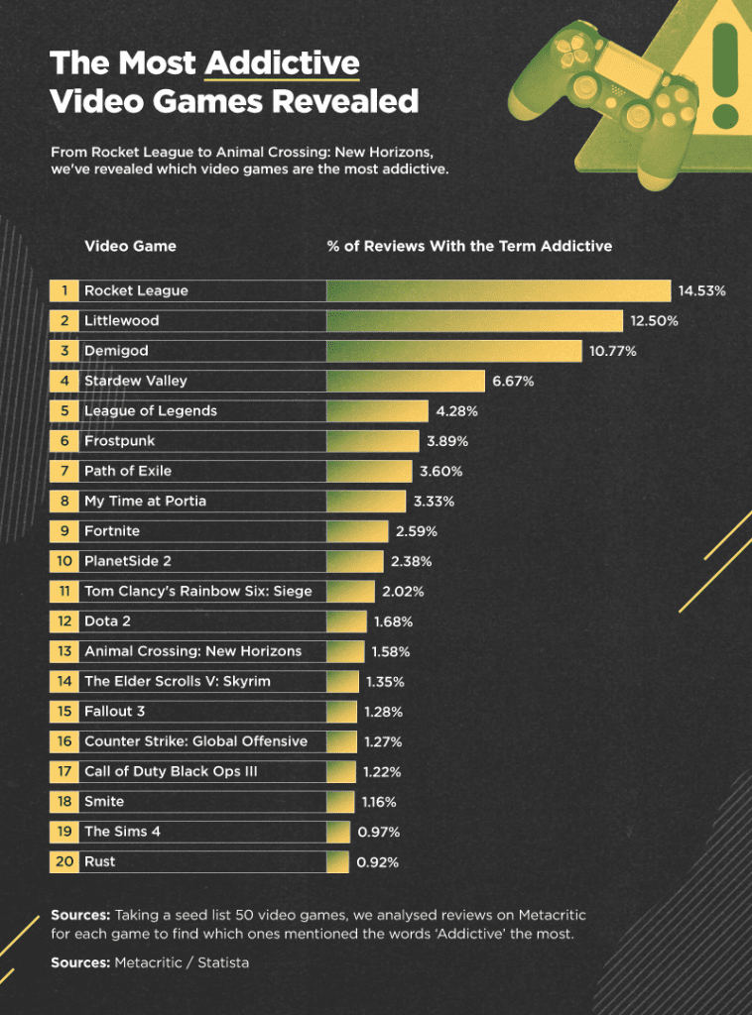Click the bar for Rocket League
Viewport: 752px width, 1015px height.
498,290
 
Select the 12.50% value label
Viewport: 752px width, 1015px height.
653,321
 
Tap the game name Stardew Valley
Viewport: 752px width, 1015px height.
135,381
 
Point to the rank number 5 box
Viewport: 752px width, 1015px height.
63,410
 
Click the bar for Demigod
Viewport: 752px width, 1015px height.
453,351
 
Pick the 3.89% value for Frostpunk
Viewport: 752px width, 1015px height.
447,441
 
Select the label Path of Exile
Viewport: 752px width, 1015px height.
127,471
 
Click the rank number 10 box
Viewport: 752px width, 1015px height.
63,561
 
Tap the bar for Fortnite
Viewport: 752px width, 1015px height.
357,531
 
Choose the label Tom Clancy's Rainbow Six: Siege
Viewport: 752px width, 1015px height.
197,591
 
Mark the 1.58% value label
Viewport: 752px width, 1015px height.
391,651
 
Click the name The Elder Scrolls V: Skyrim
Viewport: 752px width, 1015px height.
177,681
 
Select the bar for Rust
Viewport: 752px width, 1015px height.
338,861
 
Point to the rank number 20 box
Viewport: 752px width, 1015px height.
63,861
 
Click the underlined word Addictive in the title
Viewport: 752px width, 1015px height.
282,64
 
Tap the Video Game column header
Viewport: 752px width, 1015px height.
130,246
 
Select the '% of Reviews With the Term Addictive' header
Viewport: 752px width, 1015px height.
469,246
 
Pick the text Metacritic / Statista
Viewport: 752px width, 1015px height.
183,962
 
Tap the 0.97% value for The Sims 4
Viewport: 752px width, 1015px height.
378,832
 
